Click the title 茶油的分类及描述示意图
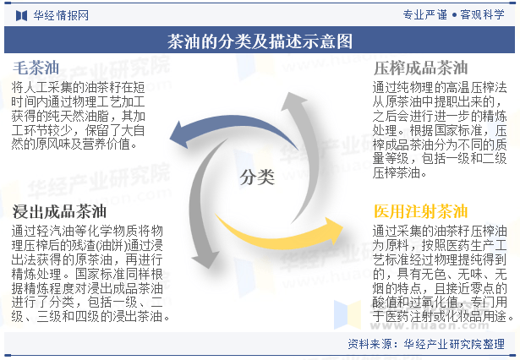click(260, 41)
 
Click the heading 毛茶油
click(36, 68)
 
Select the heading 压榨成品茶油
click(420, 68)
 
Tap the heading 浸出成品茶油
click(59, 211)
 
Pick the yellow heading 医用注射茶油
click(420, 211)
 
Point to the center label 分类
click(257, 177)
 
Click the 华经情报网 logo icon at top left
click(21, 15)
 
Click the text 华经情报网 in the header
click(61, 15)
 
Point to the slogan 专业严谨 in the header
click(425, 14)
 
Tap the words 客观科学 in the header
click(482, 14)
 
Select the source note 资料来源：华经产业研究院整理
click(426, 344)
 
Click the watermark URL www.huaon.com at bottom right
click(430, 325)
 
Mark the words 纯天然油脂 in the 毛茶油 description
click(79, 116)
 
